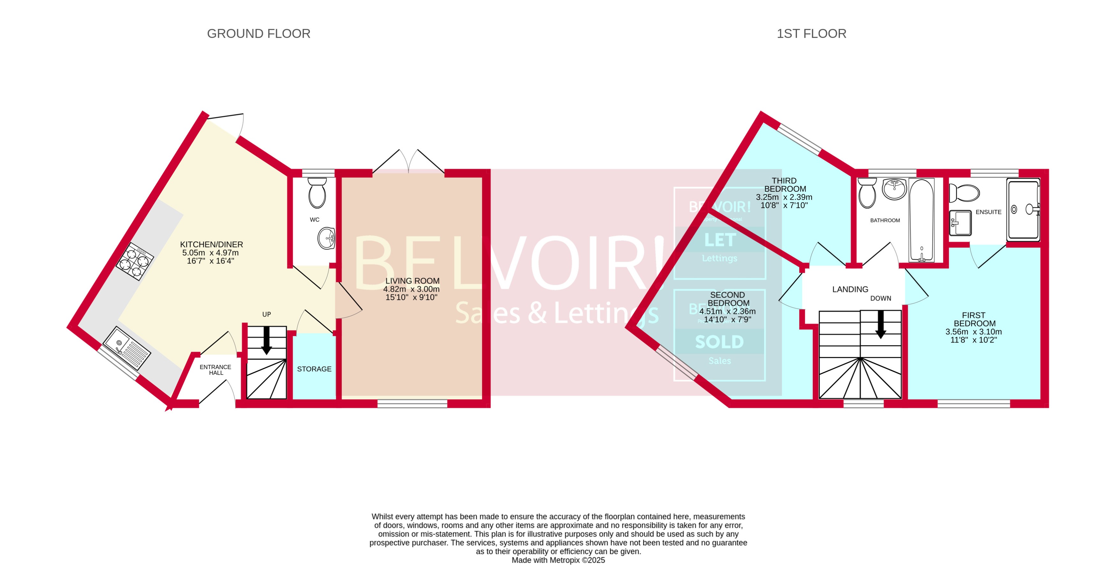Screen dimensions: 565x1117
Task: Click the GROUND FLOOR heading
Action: tap(259, 33)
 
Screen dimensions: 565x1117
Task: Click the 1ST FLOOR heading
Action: tap(811, 33)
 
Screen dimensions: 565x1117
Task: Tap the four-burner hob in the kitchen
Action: tap(134, 262)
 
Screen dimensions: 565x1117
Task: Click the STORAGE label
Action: tap(314, 369)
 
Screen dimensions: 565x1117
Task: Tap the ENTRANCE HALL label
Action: tap(215, 370)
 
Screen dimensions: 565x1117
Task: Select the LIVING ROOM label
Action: tap(412, 281)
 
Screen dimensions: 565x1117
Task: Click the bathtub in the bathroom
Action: tap(921, 220)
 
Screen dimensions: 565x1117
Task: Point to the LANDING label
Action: tap(850, 289)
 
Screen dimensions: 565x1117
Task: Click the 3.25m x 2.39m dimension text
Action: tap(784, 197)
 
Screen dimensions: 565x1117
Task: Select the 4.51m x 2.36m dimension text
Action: tap(727, 311)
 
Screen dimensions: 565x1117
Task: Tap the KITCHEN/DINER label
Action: tap(211, 245)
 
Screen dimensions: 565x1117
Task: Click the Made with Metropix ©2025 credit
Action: tap(558, 560)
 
